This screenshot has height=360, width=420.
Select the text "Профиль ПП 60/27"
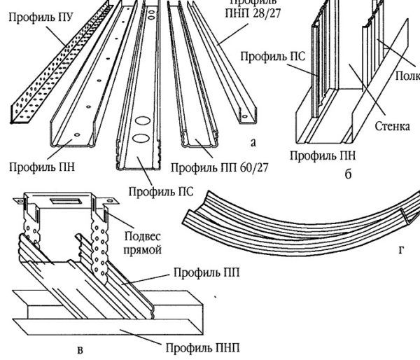tap(220, 167)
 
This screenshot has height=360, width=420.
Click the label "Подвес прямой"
tap(142, 243)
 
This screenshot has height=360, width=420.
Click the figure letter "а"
tap(253, 143)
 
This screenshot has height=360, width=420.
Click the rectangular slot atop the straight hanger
tap(72, 201)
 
